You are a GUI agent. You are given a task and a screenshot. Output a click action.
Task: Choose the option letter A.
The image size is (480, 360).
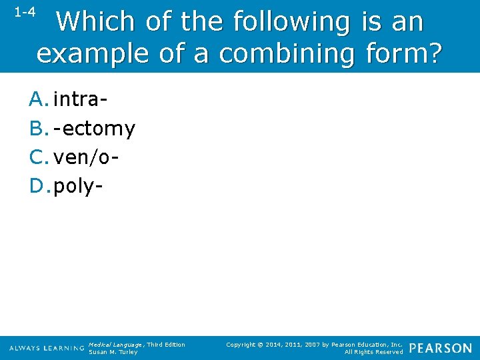click(x=39, y=100)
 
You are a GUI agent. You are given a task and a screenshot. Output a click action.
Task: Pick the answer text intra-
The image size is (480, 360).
click(x=81, y=100)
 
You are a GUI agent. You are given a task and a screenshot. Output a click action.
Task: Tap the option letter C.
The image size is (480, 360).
click(x=39, y=157)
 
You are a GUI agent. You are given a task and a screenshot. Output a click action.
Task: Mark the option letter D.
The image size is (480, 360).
click(x=39, y=185)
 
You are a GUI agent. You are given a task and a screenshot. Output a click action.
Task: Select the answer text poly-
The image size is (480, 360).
click(x=79, y=185)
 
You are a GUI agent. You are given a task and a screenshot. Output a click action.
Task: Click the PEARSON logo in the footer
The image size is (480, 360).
click(x=440, y=348)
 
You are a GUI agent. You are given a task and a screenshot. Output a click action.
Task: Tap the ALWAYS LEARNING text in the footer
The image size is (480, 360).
click(x=47, y=349)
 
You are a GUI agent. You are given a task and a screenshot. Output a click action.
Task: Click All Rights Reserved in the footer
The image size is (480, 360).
click(x=373, y=352)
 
